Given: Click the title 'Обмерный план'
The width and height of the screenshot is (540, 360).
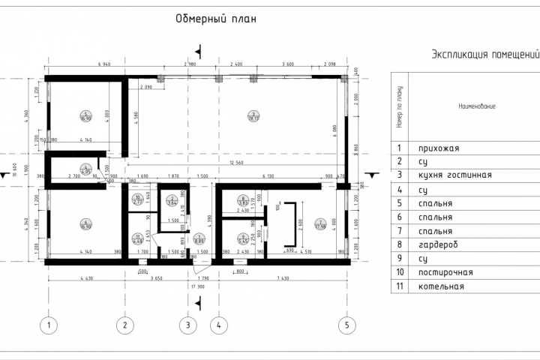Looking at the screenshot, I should click(216, 19).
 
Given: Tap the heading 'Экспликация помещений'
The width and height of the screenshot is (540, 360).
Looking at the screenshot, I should click(486, 55).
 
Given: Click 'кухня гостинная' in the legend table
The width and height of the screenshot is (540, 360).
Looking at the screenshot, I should click(454, 175).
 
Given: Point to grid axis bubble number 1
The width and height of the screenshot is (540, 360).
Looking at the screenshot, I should click(49, 325).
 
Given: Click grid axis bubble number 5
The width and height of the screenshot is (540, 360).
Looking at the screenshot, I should click(346, 325).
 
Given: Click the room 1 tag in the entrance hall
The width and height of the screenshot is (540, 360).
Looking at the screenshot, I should click(199, 240).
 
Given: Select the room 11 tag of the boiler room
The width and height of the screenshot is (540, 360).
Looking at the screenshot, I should click(137, 239).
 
